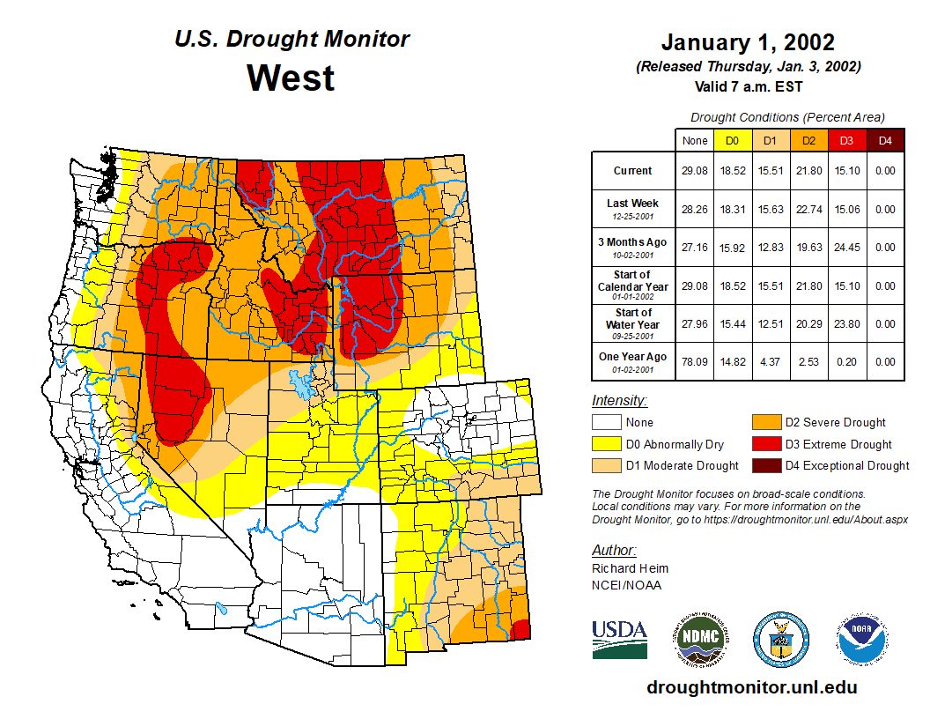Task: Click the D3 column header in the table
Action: (846, 140)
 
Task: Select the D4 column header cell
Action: (885, 140)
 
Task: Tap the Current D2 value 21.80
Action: (808, 171)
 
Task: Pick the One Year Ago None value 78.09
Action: (695, 361)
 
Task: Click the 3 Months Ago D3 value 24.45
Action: (846, 248)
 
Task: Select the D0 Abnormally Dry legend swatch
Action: (604, 444)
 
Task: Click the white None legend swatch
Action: (604, 423)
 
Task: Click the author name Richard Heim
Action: (630, 568)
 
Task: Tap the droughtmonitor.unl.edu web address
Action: (751, 687)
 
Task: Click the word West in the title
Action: (291, 78)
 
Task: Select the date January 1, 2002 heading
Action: (748, 41)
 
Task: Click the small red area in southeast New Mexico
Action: (521, 629)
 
